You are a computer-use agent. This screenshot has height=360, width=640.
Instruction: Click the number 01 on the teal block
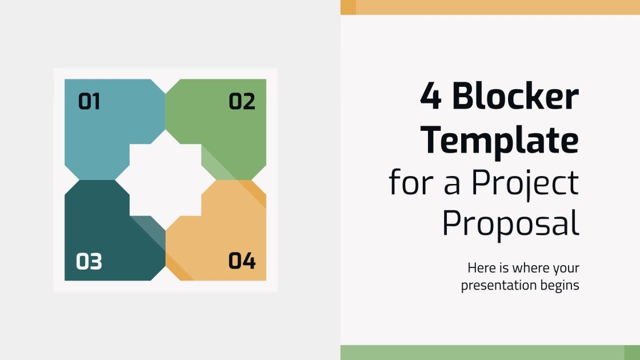pos(89,102)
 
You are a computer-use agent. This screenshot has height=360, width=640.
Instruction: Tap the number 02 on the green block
pos(242,102)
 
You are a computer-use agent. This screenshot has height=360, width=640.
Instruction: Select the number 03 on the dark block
pos(89,262)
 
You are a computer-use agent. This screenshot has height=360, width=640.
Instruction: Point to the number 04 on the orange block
pos(242,261)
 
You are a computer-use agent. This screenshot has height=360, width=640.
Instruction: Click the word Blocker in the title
pos(515,97)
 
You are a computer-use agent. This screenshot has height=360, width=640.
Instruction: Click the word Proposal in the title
pos(510,224)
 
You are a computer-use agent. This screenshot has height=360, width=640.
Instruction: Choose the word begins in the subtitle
pos(560,285)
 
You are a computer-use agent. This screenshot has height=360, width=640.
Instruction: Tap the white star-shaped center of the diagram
pos(165,180)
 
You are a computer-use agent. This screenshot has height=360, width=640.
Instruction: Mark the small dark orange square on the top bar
pos(348,7)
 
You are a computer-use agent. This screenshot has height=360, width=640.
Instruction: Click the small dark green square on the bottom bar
pos(631,352)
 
